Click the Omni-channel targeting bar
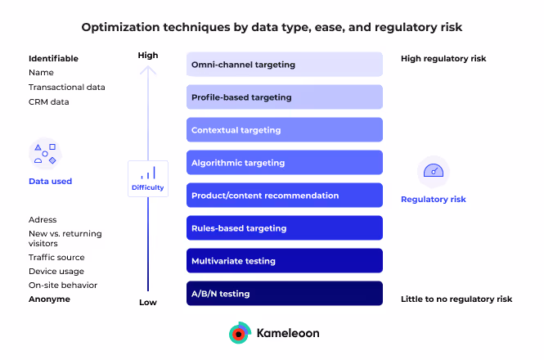click(x=284, y=65)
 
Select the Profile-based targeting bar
click(x=284, y=97)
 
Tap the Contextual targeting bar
click(x=284, y=130)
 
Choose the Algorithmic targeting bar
click(x=284, y=163)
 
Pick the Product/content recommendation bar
click(x=284, y=196)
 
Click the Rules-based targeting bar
click(x=284, y=228)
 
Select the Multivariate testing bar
click(x=284, y=261)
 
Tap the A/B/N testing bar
click(x=284, y=294)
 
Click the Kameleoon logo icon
click(x=239, y=333)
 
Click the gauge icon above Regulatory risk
click(x=434, y=172)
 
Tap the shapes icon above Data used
click(x=45, y=153)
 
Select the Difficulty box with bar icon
click(x=148, y=178)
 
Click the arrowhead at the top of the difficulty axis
click(x=148, y=70)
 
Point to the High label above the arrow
click(x=148, y=56)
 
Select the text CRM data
click(x=49, y=102)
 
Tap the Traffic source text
click(x=56, y=256)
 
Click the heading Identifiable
click(x=53, y=59)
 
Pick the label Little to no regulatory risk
click(x=456, y=299)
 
